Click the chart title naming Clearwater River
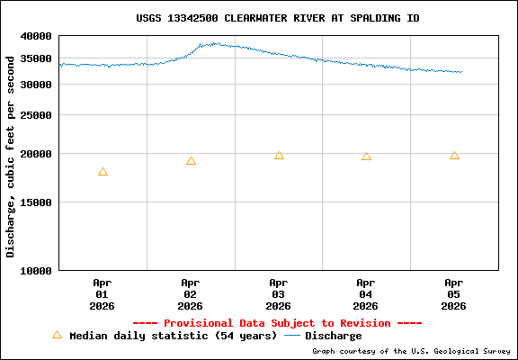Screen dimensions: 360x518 [277, 18]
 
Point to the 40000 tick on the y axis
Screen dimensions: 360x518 [36, 36]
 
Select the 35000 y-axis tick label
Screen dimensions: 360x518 [36, 58]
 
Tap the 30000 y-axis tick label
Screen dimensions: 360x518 [36, 84]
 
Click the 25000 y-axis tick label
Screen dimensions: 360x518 [36, 115]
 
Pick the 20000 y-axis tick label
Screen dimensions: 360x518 [36, 154]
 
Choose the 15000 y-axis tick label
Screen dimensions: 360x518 [36, 202]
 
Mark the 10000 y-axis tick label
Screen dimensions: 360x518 [36, 270]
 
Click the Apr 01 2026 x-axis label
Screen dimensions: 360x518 [102, 294]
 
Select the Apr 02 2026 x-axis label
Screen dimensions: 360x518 [190, 294]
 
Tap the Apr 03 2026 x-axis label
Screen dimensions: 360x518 [278, 294]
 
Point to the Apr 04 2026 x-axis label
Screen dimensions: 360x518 [366, 294]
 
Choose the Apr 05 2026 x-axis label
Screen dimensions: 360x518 [454, 294]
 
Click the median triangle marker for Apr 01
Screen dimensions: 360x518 [103, 172]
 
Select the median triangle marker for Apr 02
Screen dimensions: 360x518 [191, 161]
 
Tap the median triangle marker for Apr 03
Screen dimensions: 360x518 [279, 156]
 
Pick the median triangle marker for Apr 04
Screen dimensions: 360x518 [366, 157]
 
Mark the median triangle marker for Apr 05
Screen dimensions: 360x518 [454, 156]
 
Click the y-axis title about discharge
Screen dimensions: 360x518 [11, 156]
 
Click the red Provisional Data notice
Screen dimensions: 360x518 [277, 323]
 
